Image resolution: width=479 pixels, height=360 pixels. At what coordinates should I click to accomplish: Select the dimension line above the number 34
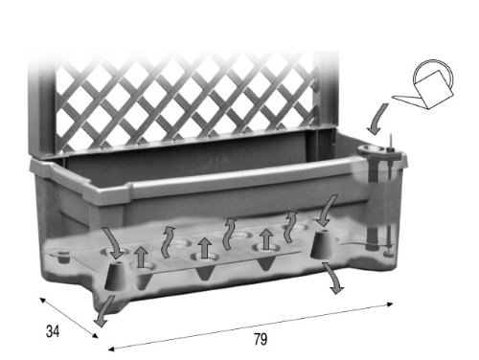click(67, 315)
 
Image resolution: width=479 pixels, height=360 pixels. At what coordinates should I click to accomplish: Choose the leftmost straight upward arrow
click(141, 256)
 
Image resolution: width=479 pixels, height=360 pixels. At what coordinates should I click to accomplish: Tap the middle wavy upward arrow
click(228, 230)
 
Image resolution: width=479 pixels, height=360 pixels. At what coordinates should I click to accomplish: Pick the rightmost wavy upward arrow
click(288, 226)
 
